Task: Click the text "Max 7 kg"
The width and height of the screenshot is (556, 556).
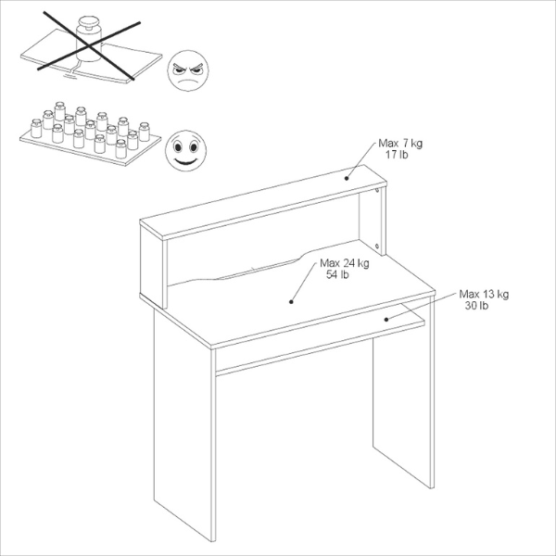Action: click(399, 144)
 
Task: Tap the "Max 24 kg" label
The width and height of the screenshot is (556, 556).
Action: click(342, 262)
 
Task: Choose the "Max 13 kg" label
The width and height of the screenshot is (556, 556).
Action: click(484, 294)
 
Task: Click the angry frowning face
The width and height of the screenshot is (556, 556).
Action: click(188, 70)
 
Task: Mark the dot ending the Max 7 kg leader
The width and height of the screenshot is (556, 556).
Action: click(347, 178)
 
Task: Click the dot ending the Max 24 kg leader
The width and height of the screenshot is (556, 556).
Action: click(291, 300)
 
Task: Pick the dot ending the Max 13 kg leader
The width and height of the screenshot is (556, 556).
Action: click(388, 319)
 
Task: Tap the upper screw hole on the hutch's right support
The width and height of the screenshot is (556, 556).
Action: click(381, 192)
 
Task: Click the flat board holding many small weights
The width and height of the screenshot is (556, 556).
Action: click(83, 144)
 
